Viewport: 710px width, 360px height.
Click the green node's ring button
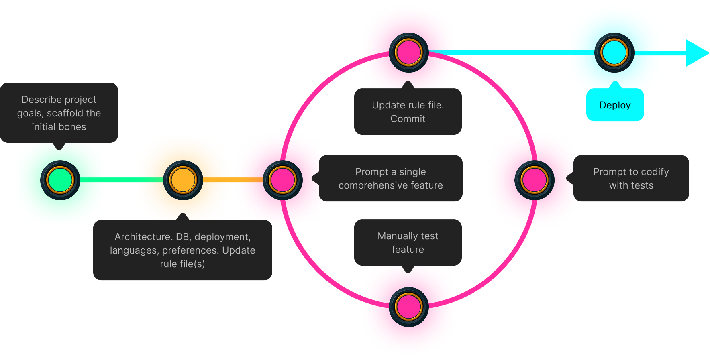click(60, 180)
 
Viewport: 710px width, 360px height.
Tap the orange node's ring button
click(183, 180)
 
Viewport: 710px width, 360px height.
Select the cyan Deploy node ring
click(614, 53)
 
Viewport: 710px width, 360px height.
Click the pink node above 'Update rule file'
click(408, 53)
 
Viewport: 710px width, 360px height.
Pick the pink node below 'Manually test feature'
click(408, 307)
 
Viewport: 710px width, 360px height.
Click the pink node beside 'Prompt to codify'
click(534, 180)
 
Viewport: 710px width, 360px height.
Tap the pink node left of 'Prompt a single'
click(282, 180)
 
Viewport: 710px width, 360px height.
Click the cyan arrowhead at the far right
click(696, 53)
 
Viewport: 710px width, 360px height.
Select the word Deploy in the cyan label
click(615, 105)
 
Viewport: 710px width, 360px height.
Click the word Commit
click(408, 119)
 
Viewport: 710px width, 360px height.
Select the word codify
click(655, 172)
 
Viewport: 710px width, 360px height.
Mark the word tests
click(643, 185)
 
